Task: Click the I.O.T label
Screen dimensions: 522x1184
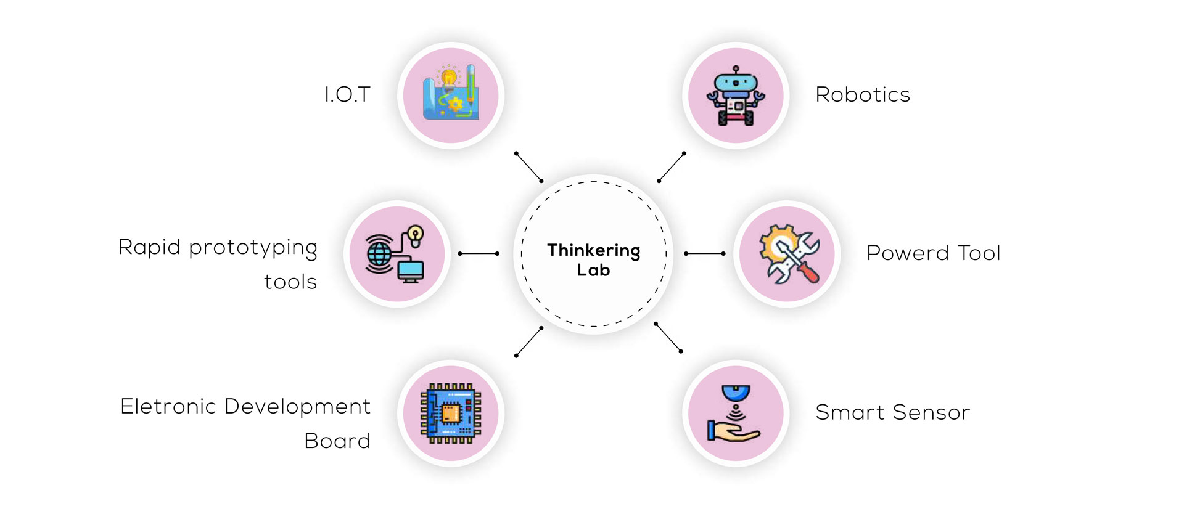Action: coord(347,95)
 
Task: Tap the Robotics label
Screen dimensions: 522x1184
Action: coord(862,95)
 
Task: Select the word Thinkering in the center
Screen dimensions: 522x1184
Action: coord(593,250)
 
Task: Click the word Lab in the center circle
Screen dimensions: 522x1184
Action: coord(593,270)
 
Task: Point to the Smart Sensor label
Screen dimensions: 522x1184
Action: coord(892,412)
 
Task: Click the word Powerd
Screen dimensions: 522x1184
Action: coord(907,253)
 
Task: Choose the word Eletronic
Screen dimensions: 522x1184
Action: coord(168,407)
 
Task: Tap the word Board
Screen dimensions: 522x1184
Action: coord(337,441)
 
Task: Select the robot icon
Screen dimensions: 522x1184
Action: coord(736,96)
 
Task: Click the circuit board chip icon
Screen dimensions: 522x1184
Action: coord(451,413)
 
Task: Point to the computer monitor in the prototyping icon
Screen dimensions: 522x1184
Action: coord(411,271)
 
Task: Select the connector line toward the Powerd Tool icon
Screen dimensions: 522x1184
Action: coord(704,253)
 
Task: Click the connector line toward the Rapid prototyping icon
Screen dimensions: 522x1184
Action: coord(479,253)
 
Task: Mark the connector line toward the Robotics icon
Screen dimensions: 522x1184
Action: coord(672,167)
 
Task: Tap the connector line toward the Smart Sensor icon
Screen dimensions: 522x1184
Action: coord(668,337)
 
